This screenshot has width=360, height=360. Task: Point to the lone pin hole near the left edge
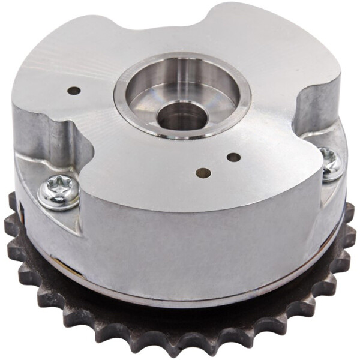tap(74, 91)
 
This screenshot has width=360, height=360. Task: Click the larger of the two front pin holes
tap(203, 173)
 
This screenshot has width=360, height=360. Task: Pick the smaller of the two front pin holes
tap(233, 158)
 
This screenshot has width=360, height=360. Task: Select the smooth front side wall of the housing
tap(192, 240)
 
